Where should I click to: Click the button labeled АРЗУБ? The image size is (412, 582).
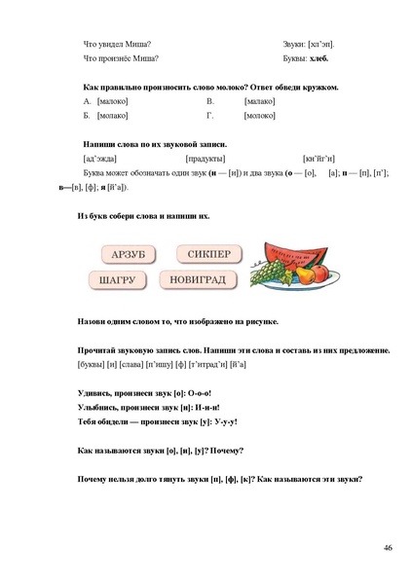pos(128,255)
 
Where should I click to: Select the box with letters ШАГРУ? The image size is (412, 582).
pos(125,280)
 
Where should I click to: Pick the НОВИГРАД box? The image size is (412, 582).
pos(200,280)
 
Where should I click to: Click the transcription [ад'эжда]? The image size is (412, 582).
pos(102,158)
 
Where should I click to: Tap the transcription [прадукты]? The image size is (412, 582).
pos(206,158)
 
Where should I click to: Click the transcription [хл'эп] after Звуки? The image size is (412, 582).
pos(321,43)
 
